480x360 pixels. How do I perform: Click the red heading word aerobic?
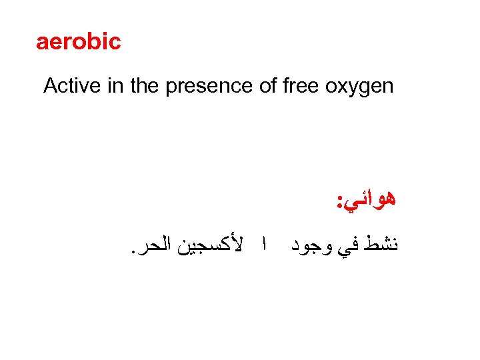[x=78, y=42]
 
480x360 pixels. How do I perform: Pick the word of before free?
[x=268, y=86]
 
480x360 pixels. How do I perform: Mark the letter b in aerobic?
[x=92, y=42]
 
